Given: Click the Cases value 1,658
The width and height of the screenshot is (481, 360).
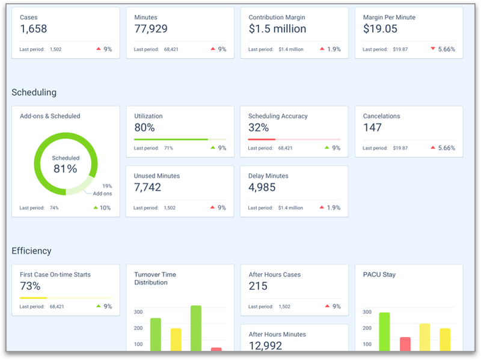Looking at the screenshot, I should pos(34,29).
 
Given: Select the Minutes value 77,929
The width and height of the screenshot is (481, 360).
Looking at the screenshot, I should pos(151,29).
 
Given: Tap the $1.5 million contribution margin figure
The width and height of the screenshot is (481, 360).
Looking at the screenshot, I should pos(277,29).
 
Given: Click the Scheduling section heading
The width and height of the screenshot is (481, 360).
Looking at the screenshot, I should pos(34,93).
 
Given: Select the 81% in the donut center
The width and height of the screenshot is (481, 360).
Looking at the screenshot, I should pos(66,169).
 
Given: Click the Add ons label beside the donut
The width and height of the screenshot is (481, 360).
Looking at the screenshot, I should pos(102,194).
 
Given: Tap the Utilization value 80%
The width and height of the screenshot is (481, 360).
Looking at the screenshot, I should pos(144,127).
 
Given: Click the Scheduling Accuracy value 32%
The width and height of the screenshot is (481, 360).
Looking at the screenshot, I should pos(259,127).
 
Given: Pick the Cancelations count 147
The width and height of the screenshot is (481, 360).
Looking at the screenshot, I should pos(373,127).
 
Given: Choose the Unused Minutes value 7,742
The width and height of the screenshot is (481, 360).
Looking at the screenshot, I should pos(147,188).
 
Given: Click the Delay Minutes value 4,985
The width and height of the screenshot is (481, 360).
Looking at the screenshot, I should pos(262,188).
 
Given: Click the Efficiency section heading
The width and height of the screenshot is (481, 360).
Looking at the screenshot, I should pos(32,251).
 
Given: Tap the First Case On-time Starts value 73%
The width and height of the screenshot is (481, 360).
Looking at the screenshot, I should pos(30,286).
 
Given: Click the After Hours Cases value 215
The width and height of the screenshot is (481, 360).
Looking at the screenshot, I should pos(259,286).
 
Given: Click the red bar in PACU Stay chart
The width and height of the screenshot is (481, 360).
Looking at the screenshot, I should pos(405,344).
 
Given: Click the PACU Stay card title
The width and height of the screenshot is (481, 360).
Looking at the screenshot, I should pos(380,275).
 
